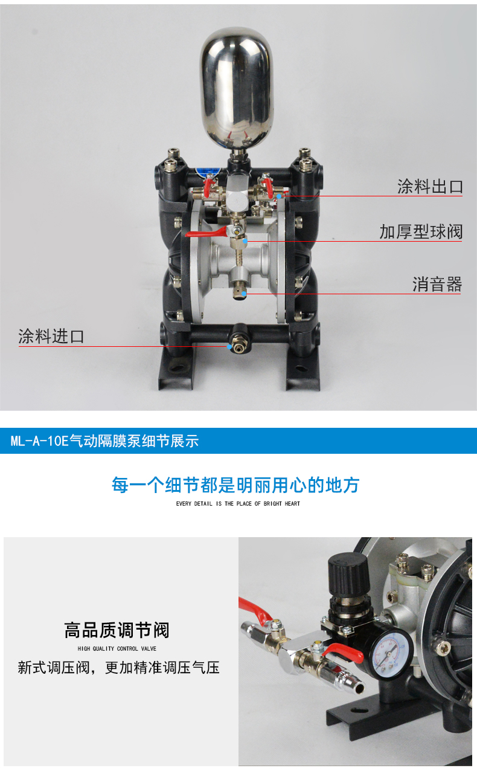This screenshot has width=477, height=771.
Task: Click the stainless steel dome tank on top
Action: (x=237, y=88)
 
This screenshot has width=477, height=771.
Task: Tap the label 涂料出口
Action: (x=430, y=187)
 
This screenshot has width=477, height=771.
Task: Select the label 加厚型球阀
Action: (x=421, y=231)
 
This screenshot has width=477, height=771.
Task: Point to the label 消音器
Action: (x=437, y=285)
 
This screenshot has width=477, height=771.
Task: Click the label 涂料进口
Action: (x=51, y=337)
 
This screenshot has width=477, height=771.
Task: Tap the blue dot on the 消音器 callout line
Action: (x=244, y=294)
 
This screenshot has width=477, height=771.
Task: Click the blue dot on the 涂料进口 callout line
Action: (x=229, y=347)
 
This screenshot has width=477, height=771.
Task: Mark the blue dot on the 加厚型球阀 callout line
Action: (x=245, y=241)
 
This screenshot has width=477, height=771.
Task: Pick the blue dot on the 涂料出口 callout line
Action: (x=279, y=196)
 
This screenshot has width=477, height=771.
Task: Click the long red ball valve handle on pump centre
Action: (x=206, y=232)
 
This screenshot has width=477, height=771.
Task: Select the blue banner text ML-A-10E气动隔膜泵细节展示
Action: (x=104, y=441)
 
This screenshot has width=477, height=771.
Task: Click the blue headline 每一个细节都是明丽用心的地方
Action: (x=235, y=485)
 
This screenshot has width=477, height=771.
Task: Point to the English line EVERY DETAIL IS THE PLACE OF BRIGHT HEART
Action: (x=238, y=503)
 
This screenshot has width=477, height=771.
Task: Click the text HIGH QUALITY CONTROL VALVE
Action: (x=117, y=648)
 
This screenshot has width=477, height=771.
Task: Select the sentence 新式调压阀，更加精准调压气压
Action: (x=119, y=668)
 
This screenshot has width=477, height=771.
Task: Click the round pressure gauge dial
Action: (x=389, y=649)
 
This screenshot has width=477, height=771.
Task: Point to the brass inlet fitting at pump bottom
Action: (x=237, y=347)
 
